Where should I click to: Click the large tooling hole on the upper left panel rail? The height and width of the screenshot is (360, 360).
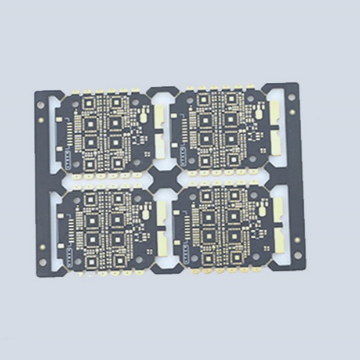click(x=43, y=105)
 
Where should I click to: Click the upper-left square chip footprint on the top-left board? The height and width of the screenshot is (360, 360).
click(x=89, y=122)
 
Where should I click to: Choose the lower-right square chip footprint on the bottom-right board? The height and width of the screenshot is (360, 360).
click(x=232, y=252)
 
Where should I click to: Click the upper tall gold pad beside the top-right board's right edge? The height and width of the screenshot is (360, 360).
click(x=275, y=108)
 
